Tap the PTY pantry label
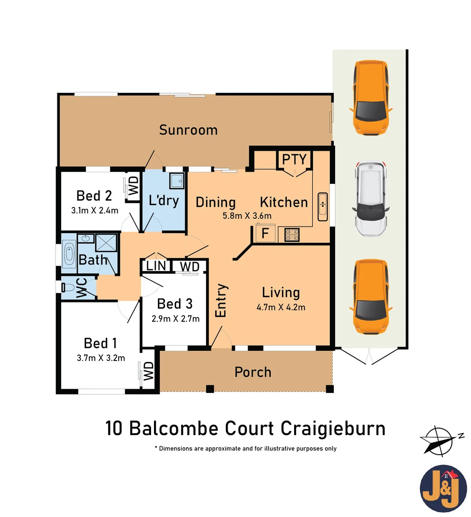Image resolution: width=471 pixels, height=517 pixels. pos(295,159)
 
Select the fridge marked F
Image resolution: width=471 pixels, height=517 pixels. pos(264,234)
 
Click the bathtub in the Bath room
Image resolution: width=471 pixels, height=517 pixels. pos(69,253)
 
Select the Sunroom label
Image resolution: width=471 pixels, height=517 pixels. pos(188,130)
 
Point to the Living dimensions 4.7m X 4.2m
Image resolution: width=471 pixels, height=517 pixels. pos(281,307)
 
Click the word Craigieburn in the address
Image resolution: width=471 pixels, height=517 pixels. pos(333,428)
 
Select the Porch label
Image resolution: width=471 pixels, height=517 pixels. pos(253,372)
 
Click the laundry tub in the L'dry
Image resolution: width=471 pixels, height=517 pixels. pos(177,180)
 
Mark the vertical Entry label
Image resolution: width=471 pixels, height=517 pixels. pos(221,300)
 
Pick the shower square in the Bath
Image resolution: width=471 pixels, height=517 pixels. pos(106,243)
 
